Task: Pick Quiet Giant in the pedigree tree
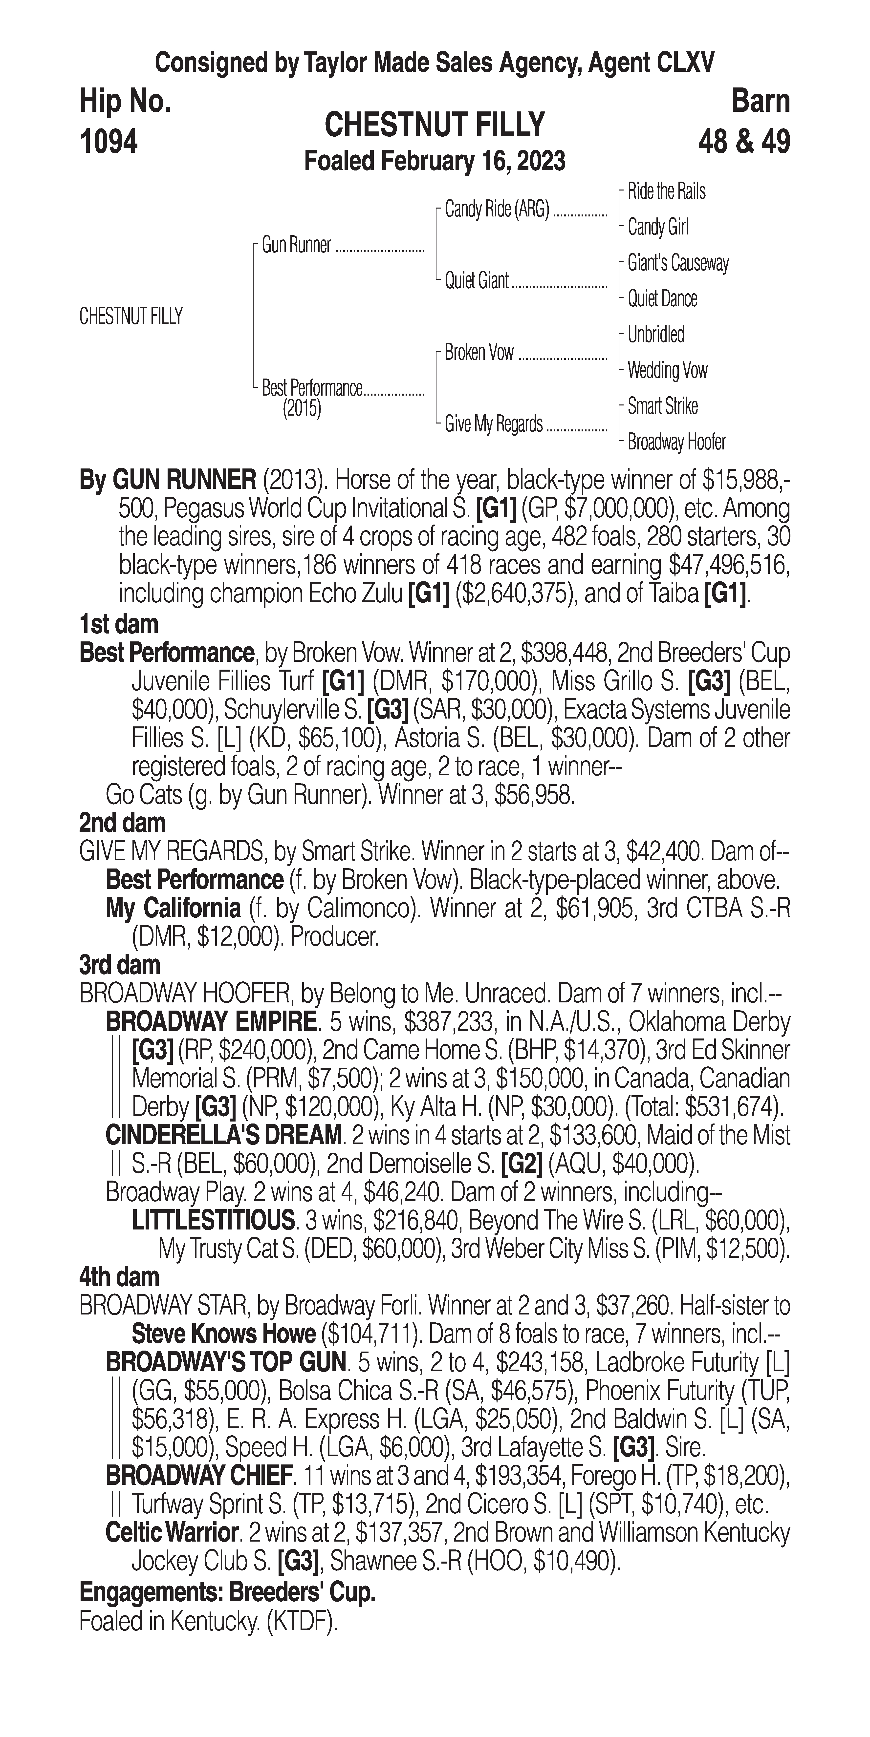click(x=476, y=280)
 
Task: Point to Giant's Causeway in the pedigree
click(x=678, y=263)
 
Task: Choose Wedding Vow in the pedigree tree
click(x=667, y=370)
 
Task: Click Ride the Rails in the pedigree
click(x=666, y=191)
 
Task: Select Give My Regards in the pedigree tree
click(x=494, y=424)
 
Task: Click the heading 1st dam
click(x=119, y=624)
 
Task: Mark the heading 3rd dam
click(x=119, y=965)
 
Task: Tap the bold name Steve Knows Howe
click(x=224, y=1334)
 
